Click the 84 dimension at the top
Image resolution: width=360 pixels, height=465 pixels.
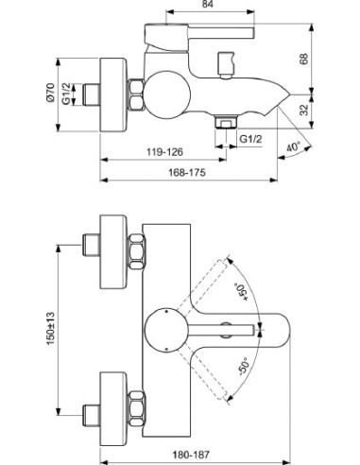tap(207, 4)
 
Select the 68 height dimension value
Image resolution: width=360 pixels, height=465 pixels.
tap(303, 59)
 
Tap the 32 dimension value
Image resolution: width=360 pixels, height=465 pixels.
tap(304, 110)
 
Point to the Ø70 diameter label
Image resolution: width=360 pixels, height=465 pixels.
tap(50, 93)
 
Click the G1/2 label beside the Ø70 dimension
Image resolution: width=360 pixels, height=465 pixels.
tap(66, 93)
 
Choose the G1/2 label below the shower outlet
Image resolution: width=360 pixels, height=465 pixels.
tap(250, 139)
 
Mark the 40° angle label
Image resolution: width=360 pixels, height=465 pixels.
tap(294, 146)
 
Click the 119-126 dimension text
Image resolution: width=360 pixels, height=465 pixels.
tap(164, 152)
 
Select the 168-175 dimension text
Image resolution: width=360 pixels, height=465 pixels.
tap(187, 172)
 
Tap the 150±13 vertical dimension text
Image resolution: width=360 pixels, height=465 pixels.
tap(51, 329)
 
